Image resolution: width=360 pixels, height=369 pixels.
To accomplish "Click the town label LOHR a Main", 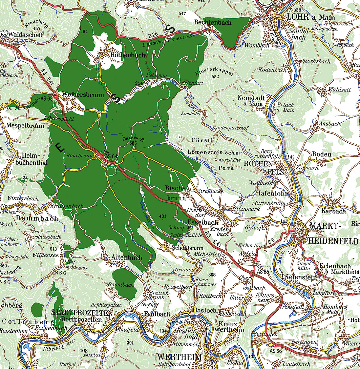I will pyautogui.click(x=311, y=17).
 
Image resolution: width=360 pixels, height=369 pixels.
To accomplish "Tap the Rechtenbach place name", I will pyautogui.click(x=213, y=22).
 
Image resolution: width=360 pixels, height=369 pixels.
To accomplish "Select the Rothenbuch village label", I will pyautogui.click(x=128, y=55).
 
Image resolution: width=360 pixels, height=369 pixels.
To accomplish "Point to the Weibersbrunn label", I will pyautogui.click(x=83, y=95).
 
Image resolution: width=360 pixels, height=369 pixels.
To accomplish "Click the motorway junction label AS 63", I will pyautogui.click(x=47, y=99).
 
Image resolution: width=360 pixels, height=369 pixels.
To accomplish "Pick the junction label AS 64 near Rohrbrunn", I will pyautogui.click(x=111, y=156).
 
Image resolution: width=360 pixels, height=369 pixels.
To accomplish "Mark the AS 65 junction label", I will pyautogui.click(x=262, y=272).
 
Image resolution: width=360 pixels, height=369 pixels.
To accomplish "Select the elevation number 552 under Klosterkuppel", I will pyautogui.click(x=215, y=77).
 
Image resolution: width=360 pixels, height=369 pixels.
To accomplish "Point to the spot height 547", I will pyautogui.click(x=182, y=14).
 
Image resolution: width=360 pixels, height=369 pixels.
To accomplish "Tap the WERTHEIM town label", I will pyautogui.click(x=179, y=358).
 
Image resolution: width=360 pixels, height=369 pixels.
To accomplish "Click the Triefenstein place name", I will pyautogui.click(x=298, y=277).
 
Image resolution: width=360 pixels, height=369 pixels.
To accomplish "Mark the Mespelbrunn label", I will pyautogui.click(x=25, y=125).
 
